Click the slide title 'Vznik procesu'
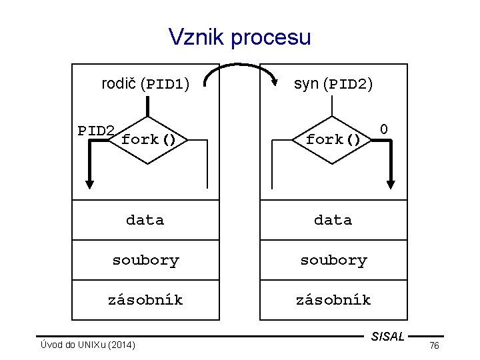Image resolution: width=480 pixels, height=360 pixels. pos(240,37)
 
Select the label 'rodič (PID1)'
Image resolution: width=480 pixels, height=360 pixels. pos(145,85)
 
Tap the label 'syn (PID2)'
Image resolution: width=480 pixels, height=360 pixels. pos(333,85)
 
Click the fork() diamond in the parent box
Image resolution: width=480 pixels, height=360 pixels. pos(148,140)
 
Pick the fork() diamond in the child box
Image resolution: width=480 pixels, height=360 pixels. pos(333,140)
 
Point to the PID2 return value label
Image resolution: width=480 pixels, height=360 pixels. pos(96,130)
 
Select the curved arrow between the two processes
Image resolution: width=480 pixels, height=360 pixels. pos(241,69)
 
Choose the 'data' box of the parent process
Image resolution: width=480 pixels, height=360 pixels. pos(145,220)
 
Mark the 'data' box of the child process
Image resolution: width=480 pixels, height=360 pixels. pos(333,220)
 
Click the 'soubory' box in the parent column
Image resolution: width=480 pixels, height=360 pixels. pos(145,260)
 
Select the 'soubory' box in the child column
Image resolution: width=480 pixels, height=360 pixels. pos(333,260)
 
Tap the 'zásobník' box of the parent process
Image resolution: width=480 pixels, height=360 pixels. pos(145,300)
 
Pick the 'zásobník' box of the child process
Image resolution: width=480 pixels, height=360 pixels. pos(333,300)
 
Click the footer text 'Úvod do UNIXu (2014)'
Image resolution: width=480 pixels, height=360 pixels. pos(88,345)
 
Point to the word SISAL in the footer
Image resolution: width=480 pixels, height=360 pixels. pos(387,337)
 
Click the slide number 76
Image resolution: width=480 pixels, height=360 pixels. pos(434,345)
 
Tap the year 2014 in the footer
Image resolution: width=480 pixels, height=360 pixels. pos(123,345)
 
